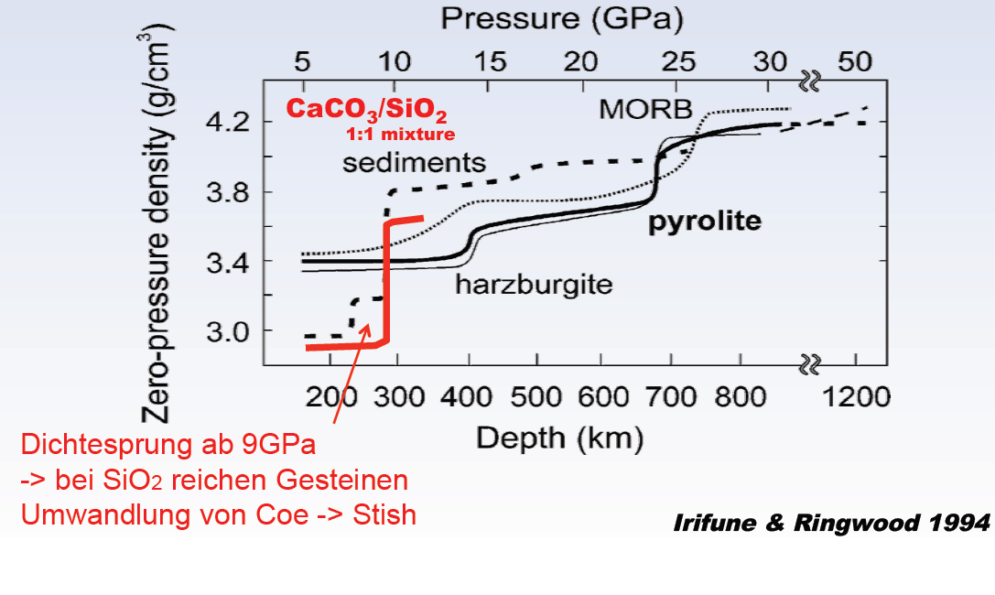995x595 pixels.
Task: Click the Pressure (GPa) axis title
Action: click(563, 19)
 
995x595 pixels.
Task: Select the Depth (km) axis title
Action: click(560, 438)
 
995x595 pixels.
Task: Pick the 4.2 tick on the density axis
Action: click(229, 122)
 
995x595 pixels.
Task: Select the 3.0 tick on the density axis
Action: click(229, 330)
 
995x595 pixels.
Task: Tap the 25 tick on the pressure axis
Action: click(677, 62)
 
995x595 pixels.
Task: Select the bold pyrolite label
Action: click(705, 222)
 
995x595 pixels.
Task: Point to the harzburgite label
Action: click(534, 285)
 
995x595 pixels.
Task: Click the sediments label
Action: click(414, 163)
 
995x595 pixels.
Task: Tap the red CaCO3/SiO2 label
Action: click(367, 110)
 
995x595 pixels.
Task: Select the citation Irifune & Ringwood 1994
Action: click(831, 525)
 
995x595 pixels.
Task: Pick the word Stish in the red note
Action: click(386, 514)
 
